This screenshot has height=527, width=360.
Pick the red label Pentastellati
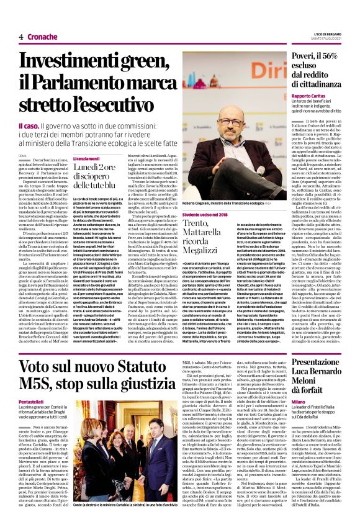coord(33,402)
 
